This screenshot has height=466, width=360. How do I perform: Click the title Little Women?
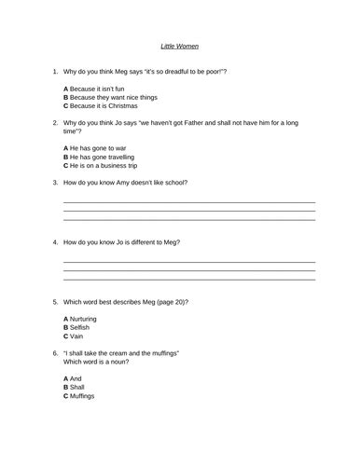pos(180,45)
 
